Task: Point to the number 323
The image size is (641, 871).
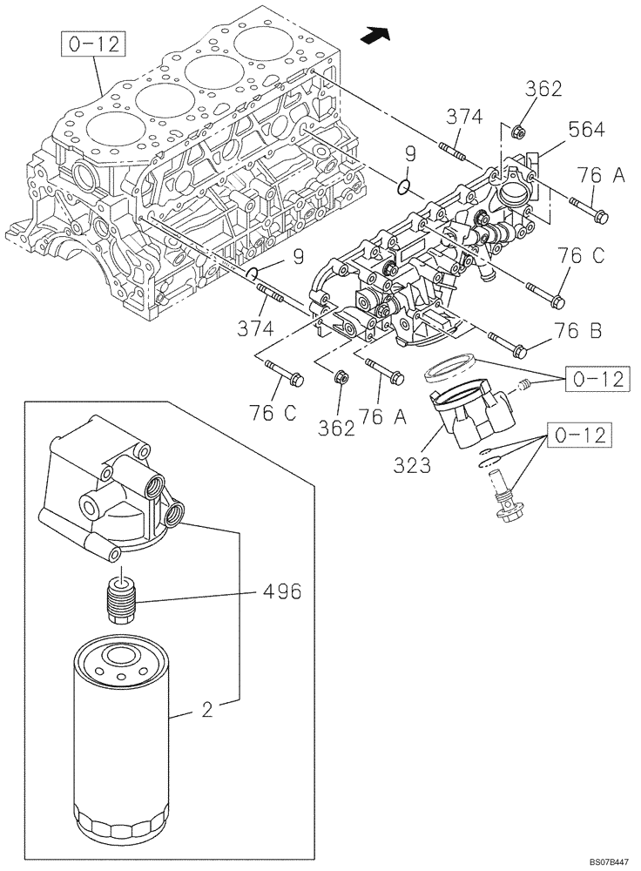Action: coord(411,465)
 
